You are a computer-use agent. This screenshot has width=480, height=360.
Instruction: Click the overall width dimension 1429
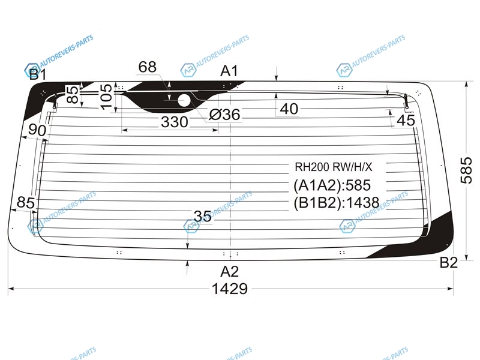[230, 289]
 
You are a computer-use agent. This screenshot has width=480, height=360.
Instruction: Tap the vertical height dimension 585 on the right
[466, 170]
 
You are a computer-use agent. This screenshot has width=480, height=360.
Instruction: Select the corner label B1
[38, 74]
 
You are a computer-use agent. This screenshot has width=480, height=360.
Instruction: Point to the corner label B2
[448, 263]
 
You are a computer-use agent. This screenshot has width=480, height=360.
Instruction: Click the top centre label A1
[229, 71]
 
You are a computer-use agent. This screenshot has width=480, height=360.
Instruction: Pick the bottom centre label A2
[229, 272]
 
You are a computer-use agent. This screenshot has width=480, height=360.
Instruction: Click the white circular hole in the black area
[184, 100]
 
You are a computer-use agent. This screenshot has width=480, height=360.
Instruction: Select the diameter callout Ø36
[224, 115]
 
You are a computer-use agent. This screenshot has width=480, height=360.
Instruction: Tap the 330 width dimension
[175, 122]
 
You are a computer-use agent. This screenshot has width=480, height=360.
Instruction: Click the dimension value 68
[147, 67]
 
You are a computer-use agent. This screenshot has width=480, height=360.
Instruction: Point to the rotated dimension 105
[106, 97]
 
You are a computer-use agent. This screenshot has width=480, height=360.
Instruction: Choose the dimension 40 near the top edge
[289, 109]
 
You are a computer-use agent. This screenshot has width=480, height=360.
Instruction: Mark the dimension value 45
[406, 121]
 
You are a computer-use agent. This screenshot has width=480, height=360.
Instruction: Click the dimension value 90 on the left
[37, 130]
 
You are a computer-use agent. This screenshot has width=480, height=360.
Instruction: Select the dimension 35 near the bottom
[202, 217]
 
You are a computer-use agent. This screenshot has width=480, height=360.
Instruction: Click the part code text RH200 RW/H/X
[334, 167]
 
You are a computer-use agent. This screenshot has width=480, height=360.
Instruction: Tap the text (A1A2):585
[332, 185]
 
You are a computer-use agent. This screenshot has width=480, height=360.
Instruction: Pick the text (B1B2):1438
[337, 203]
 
